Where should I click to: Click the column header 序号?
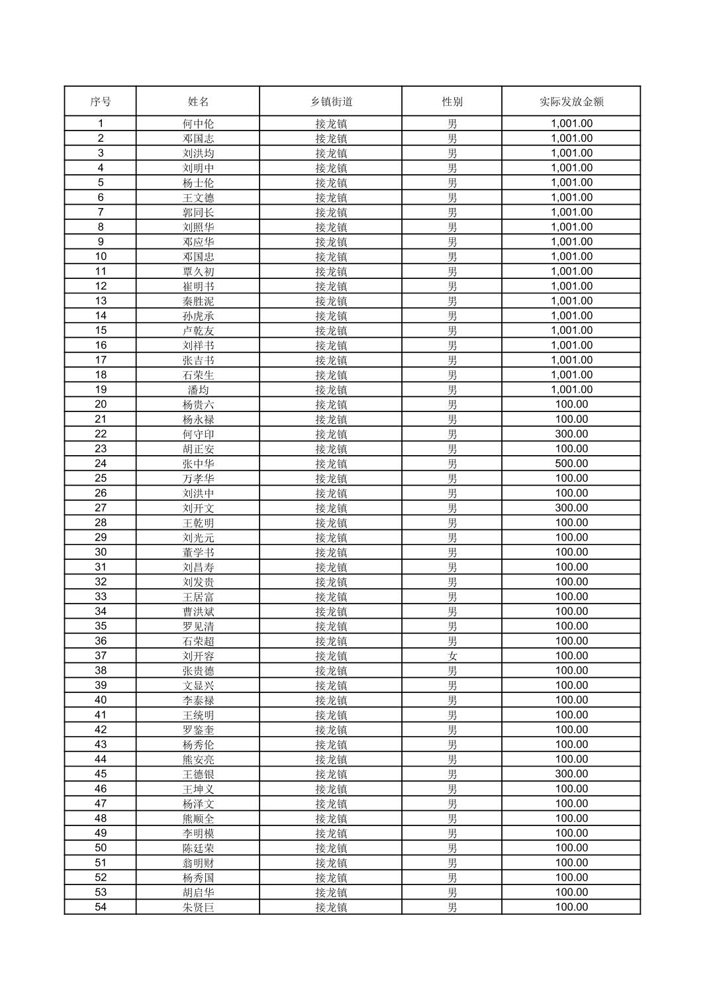[x=101, y=101]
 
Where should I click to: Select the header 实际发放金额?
[x=571, y=101]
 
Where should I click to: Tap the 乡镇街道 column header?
[x=331, y=101]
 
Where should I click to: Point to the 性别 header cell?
[x=452, y=101]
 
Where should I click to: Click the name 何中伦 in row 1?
[x=199, y=124]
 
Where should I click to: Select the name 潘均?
[x=199, y=390]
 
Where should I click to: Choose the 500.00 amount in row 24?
[x=571, y=464]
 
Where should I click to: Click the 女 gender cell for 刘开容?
[x=452, y=656]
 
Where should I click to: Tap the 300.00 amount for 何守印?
[x=571, y=434]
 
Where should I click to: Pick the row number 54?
[x=101, y=907]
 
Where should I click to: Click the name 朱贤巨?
[x=199, y=908]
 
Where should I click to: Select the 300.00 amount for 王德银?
[x=571, y=774]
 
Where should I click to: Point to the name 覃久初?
[x=199, y=272]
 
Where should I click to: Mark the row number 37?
[x=101, y=656]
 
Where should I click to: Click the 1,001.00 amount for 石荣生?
[x=571, y=375]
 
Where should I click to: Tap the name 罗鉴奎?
[x=199, y=730]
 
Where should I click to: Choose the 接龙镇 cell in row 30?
[x=331, y=553]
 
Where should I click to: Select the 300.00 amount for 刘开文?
[x=571, y=508]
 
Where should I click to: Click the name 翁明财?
[x=199, y=863]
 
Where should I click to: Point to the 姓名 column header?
[x=199, y=101]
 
